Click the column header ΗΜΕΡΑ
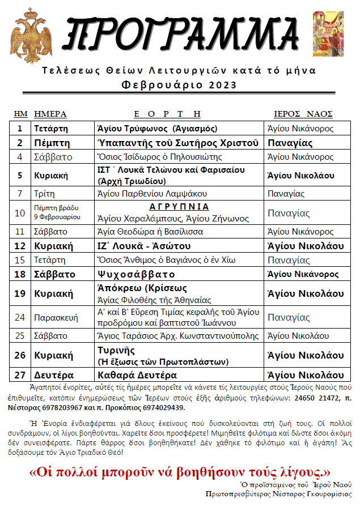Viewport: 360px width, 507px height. [x=50, y=114]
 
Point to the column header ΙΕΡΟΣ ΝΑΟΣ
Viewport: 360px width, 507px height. [x=303, y=114]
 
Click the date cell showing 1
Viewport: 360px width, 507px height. [x=20, y=129]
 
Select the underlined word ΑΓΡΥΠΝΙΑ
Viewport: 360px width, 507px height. [x=179, y=207]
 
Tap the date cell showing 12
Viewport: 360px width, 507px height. [x=20, y=246]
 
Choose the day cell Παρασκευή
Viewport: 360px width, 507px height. [x=54, y=318]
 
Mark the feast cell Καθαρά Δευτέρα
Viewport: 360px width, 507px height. [x=137, y=375]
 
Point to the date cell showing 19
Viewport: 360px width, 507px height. [x=20, y=293]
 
